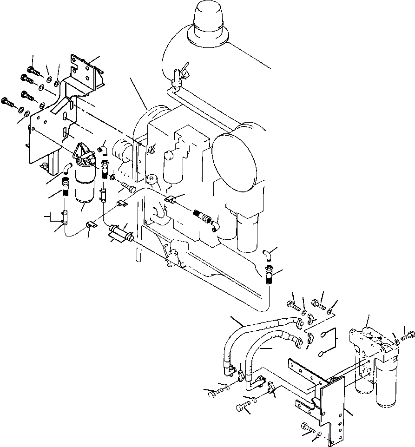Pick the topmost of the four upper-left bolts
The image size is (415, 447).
click(33, 70)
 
